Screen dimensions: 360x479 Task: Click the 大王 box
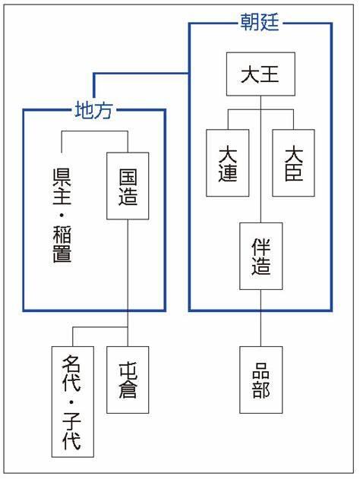261,74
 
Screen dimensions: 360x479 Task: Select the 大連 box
228,162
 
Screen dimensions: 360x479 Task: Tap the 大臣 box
293,162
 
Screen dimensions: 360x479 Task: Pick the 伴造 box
261,256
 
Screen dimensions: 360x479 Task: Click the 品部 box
261,380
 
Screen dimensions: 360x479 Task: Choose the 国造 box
128,186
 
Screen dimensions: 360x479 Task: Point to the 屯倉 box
128,380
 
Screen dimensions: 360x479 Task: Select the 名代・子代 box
73,402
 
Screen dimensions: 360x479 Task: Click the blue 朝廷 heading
260,22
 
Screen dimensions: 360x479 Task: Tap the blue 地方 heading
94,110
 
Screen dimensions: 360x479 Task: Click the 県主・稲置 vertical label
62,216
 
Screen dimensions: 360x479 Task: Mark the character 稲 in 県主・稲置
62,235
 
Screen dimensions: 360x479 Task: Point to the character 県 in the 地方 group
62,178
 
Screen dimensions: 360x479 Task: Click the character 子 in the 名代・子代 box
72,421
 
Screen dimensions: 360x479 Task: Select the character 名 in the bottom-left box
72,364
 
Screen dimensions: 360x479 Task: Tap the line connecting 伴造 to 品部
261,318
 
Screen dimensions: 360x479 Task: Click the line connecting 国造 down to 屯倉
128,283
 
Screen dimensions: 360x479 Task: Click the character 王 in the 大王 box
270,74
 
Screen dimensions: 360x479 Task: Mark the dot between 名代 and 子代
71,402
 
